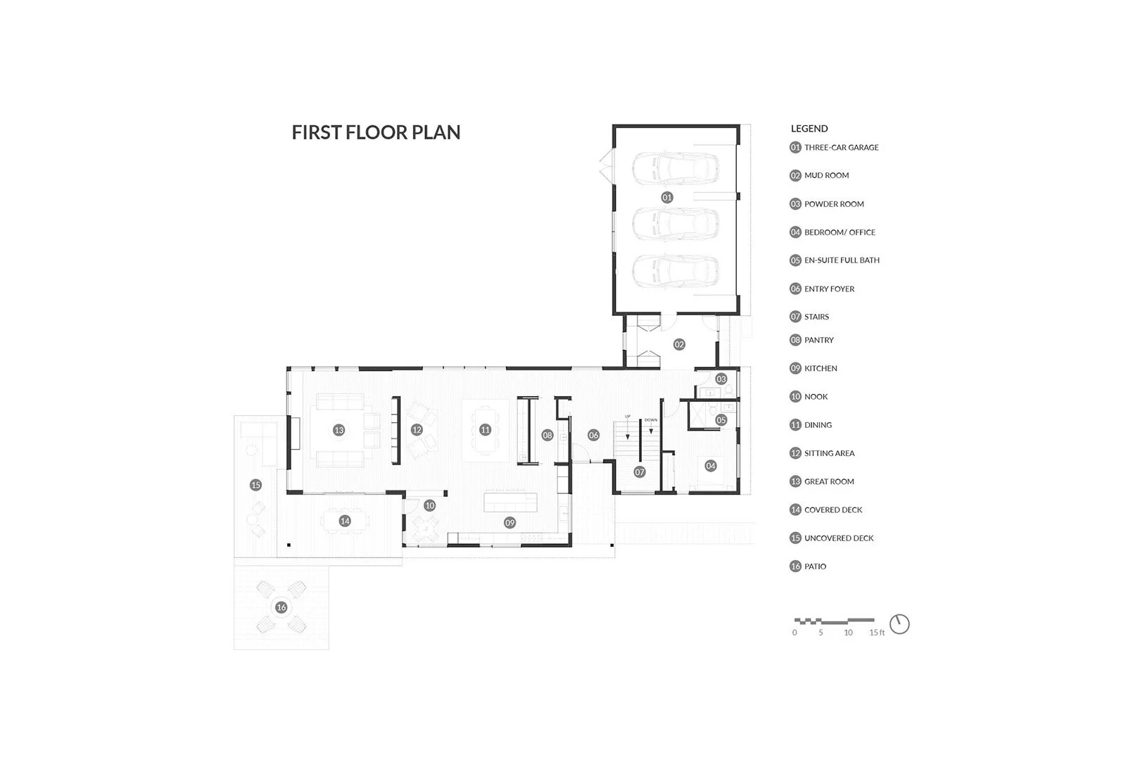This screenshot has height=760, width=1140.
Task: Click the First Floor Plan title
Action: point(376,132)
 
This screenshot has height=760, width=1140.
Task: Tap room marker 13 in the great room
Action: point(338,430)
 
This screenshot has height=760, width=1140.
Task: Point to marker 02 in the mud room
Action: point(679,344)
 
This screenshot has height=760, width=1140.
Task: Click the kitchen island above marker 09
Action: point(510,503)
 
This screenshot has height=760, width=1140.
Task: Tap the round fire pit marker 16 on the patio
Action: point(281,607)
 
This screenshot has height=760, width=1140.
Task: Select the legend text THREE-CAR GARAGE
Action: point(841,148)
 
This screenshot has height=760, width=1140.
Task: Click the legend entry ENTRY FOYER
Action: point(829,289)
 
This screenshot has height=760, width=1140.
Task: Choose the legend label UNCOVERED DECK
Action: point(839,538)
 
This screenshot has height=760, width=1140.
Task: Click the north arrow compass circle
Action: point(899,624)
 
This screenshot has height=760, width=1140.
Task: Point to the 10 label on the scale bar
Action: point(848,633)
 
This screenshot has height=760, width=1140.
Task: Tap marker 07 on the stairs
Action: point(639,472)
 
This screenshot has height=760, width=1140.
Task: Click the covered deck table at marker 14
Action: point(344,521)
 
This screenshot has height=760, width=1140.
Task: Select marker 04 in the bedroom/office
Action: point(711,466)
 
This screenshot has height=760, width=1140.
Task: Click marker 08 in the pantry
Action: point(547,436)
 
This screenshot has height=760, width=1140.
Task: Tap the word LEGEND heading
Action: point(809,129)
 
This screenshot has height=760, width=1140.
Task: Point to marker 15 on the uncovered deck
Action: point(255,485)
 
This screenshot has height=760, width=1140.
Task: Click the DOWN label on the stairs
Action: point(650,420)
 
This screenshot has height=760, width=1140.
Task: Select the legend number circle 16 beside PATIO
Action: point(795,566)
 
